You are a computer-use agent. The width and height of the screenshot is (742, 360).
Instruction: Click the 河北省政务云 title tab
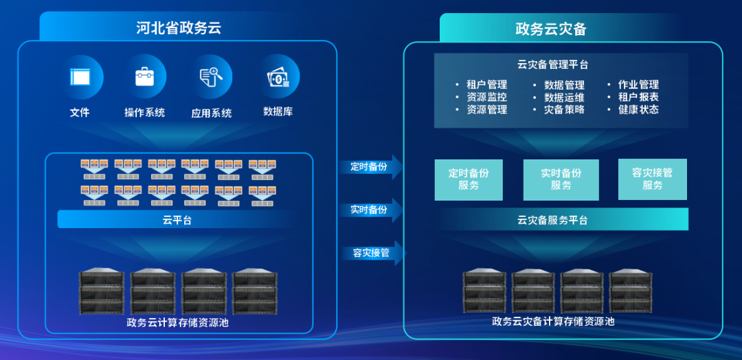[x=178, y=28]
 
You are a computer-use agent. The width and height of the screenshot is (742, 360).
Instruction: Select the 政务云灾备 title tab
[x=550, y=29]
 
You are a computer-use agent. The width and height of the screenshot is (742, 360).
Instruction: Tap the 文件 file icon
[x=80, y=77]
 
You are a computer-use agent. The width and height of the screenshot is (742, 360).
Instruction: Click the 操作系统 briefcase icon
[x=145, y=77]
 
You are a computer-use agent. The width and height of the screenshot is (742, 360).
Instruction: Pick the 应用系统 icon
[x=211, y=77]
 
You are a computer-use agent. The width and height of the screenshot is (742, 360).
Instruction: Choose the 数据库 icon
[x=278, y=77]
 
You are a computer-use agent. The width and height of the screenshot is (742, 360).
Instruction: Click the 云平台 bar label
[x=177, y=220]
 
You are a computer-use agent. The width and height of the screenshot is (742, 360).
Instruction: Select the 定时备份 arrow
[x=371, y=167]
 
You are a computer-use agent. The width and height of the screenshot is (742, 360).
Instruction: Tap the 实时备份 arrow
[x=371, y=210]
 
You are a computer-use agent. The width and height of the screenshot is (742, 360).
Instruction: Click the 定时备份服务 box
[x=469, y=180]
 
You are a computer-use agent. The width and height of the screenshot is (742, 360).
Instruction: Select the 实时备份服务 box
[x=561, y=180]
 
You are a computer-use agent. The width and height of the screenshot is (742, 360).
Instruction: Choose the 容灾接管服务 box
[x=652, y=179]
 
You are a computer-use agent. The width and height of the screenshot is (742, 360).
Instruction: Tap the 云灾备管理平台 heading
[x=552, y=65]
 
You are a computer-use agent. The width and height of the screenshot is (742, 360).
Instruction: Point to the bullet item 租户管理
[x=486, y=85]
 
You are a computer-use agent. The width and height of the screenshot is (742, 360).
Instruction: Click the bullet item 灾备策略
[x=564, y=110]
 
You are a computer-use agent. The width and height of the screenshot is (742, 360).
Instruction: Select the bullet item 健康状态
[x=638, y=110]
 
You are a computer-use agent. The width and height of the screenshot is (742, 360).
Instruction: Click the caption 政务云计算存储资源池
[x=177, y=322]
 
